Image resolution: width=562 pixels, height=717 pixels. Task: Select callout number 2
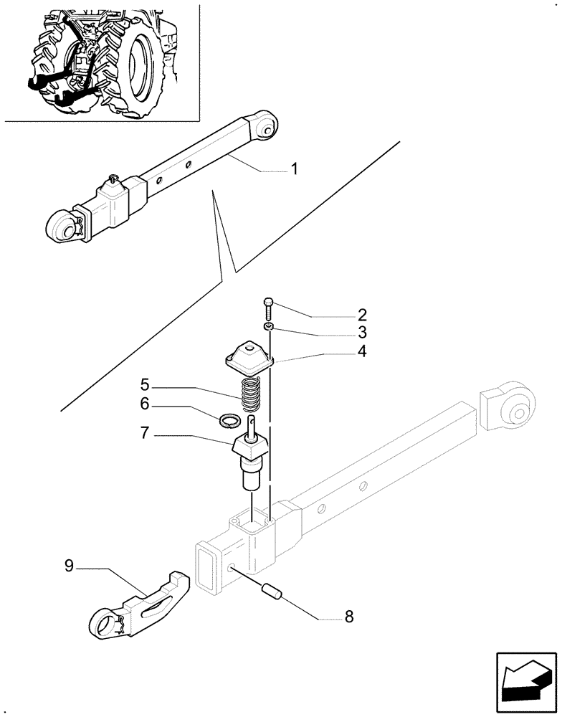[362, 315]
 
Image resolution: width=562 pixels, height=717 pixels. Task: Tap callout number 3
[362, 333]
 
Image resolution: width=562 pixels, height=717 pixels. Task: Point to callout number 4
[362, 351]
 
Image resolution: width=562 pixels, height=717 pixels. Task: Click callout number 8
[349, 616]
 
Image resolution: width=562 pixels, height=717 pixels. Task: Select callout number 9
[69, 566]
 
